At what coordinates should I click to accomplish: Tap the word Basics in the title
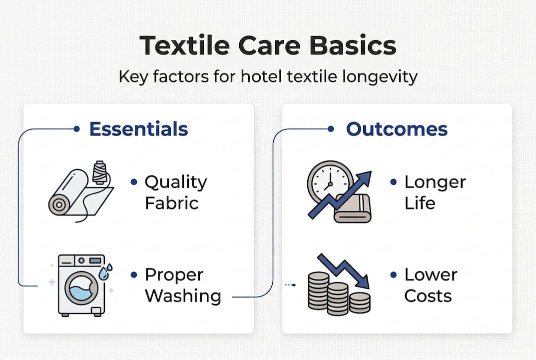click(352, 46)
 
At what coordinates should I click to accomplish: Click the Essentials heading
click(138, 129)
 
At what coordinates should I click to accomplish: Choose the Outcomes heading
click(397, 129)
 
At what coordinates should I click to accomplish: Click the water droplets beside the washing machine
click(105, 272)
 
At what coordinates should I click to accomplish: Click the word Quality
click(175, 182)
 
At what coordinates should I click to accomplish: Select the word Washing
click(183, 296)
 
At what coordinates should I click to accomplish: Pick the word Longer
click(435, 182)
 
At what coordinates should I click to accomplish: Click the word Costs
click(428, 296)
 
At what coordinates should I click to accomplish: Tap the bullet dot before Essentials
click(76, 129)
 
